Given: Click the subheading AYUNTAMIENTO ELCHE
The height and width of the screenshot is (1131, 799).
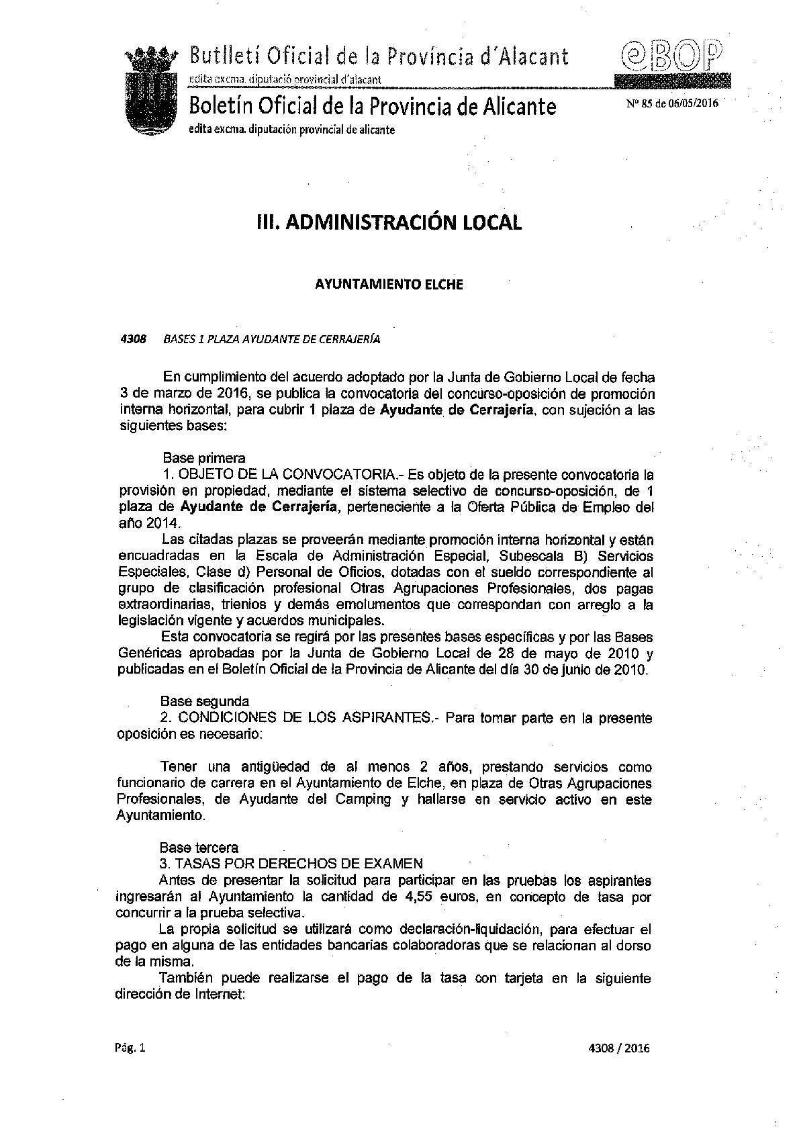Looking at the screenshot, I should point(389,284).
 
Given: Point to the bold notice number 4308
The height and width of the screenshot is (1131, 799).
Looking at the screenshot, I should point(133,339).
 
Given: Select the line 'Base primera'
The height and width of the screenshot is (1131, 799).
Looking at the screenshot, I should point(203,458).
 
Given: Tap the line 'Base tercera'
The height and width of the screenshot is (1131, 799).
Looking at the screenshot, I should point(199,848).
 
